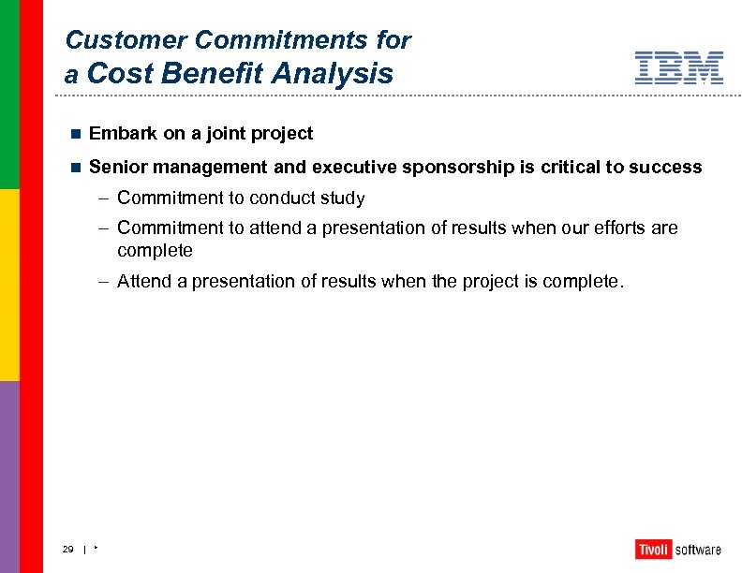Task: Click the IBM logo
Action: point(678,68)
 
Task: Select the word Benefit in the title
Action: point(211,74)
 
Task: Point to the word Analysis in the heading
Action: point(333,74)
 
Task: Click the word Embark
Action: point(123,134)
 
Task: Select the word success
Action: point(665,168)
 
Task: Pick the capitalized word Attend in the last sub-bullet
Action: point(143,282)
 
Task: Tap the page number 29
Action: point(67,549)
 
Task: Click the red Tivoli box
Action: point(652,550)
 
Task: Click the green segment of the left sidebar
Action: point(8,94)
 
